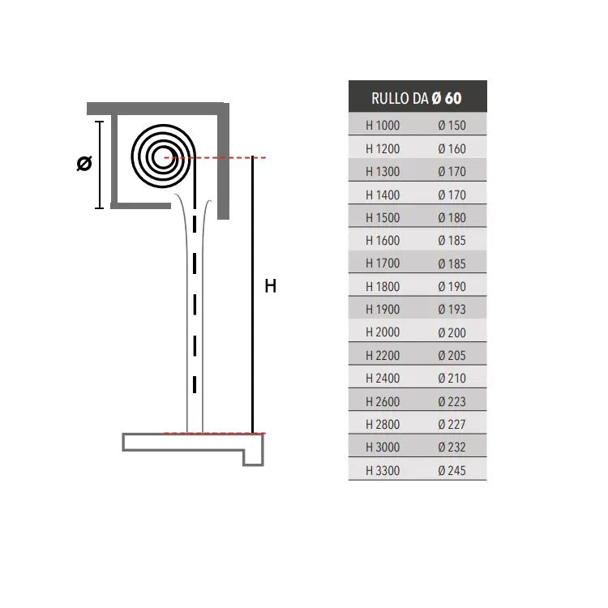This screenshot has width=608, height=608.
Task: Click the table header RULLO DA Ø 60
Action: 417,98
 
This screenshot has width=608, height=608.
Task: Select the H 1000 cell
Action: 383,125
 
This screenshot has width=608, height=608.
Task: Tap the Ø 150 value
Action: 452,125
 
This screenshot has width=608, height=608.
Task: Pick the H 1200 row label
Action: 383,148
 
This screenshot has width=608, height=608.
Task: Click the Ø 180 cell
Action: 452,217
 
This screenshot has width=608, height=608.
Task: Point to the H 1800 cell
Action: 383,286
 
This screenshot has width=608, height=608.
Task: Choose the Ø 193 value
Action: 452,310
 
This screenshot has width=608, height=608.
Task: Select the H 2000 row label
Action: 383,332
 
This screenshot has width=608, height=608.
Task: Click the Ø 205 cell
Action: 452,356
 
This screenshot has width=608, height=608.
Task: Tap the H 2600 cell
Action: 383,401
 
